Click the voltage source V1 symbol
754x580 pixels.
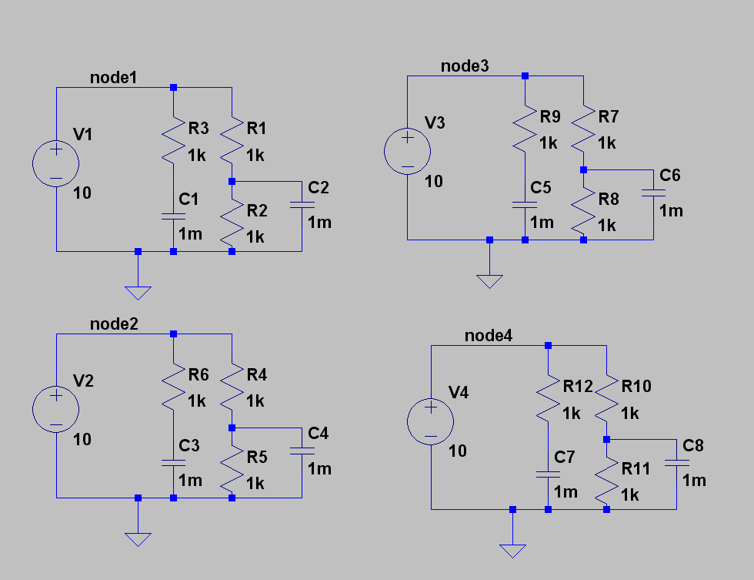click(x=56, y=163)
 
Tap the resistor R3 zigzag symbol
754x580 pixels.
click(x=174, y=138)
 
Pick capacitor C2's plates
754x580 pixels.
click(x=302, y=204)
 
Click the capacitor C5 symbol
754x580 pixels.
click(x=525, y=205)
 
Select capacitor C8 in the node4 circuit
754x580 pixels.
click(x=676, y=462)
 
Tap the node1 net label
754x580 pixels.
click(x=113, y=78)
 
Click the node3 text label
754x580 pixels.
click(x=464, y=66)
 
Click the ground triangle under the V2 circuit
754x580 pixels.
click(x=138, y=538)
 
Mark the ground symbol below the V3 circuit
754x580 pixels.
click(x=489, y=281)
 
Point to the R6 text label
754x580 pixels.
click(x=198, y=375)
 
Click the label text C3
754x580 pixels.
click(x=188, y=446)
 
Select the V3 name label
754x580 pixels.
click(x=435, y=123)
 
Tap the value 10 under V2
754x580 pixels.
click(x=82, y=440)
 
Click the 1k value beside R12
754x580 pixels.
click(x=572, y=414)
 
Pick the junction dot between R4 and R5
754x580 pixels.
click(x=232, y=427)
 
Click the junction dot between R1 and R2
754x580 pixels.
click(x=232, y=181)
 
